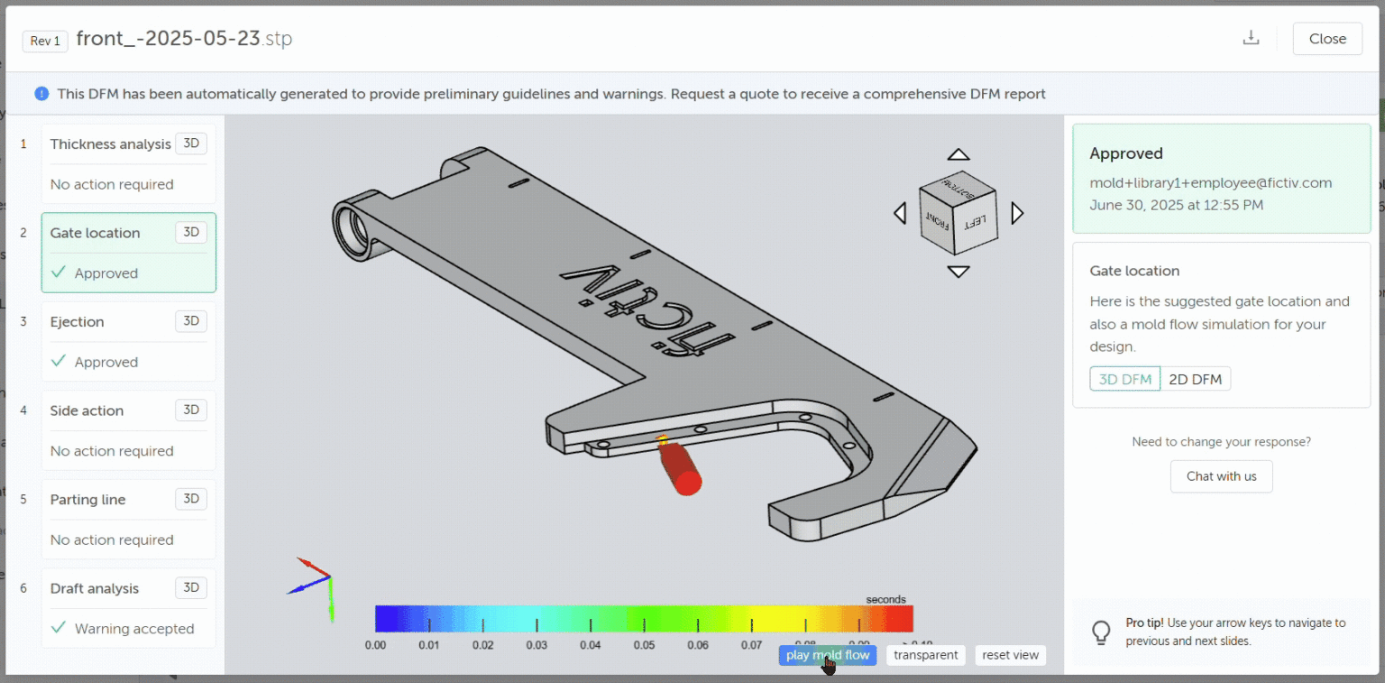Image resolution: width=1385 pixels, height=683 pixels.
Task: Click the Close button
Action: pos(1326,39)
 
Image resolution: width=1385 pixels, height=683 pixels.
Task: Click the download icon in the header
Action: pos(1251,39)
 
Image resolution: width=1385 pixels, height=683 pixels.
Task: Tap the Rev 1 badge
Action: pos(45,41)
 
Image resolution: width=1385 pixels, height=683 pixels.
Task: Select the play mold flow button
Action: pos(827,655)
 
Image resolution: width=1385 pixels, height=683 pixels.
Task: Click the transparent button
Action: pos(925,655)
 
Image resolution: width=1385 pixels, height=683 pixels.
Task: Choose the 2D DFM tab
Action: pos(1195,379)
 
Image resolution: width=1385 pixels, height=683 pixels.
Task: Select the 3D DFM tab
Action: pos(1124,379)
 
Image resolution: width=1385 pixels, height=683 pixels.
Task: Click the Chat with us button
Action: pos(1221,476)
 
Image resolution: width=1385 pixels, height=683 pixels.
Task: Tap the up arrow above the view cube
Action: pos(958,155)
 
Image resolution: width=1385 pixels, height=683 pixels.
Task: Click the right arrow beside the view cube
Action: pos(1018,213)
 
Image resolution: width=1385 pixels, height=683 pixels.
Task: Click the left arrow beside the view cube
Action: pos(899,213)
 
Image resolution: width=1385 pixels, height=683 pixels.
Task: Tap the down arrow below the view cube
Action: pos(958,272)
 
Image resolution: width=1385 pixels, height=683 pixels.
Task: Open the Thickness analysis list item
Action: pos(110,144)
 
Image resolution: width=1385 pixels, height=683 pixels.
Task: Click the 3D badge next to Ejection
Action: pos(190,321)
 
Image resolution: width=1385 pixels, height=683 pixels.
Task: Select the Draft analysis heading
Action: pos(95,588)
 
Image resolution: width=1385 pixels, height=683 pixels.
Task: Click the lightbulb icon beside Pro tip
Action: pos(1100,632)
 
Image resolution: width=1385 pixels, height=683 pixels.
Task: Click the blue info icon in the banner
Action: pos(41,94)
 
